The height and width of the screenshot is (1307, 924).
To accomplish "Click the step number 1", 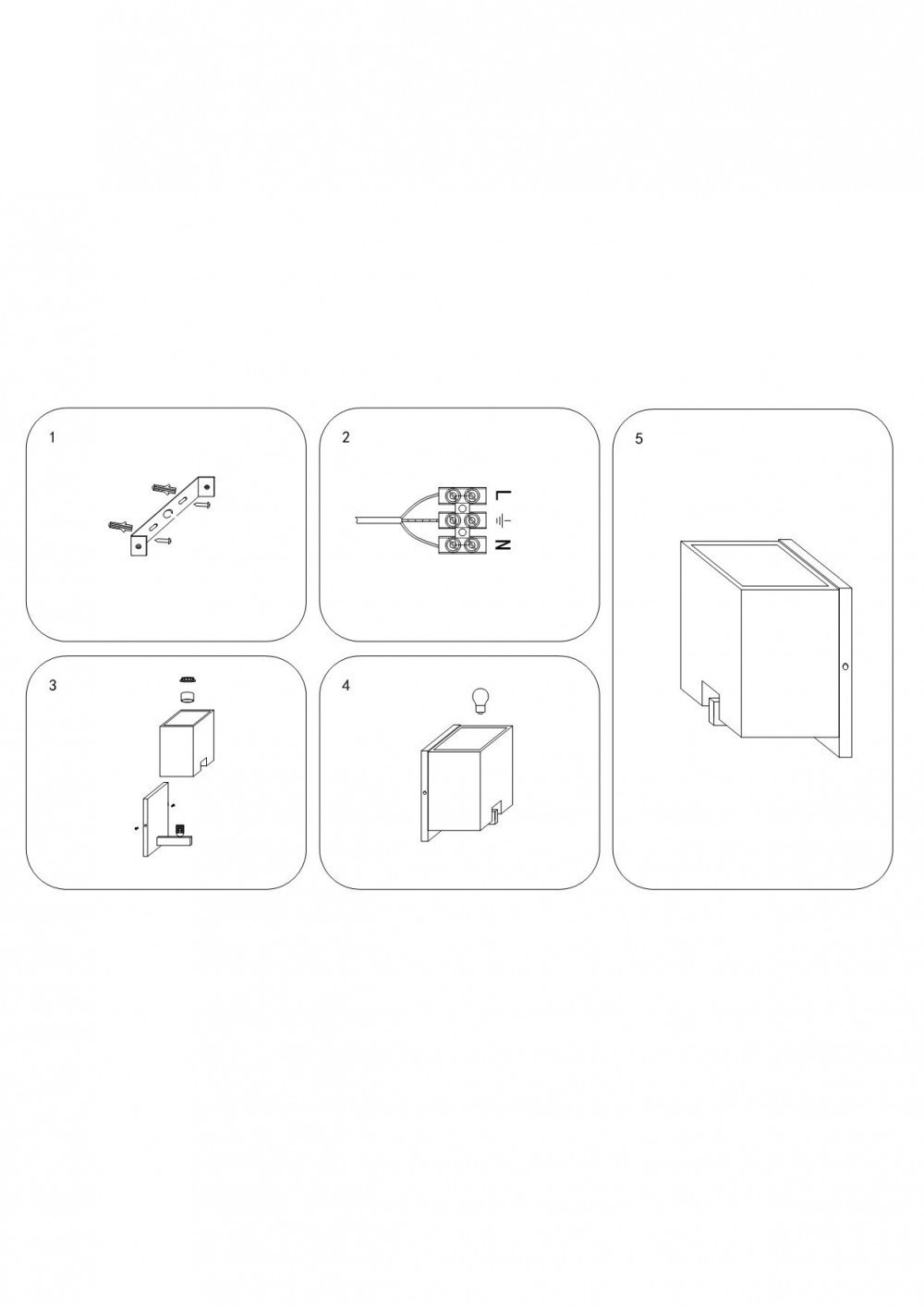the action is pos(53,437).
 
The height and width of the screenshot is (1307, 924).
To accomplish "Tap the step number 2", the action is pos(346,437).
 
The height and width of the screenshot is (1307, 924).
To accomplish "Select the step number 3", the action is pos(53,686).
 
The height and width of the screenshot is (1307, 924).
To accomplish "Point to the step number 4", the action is pos(346,686).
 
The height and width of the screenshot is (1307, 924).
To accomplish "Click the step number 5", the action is pos(639,439).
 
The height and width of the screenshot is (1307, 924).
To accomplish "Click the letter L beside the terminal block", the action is pos(503,495).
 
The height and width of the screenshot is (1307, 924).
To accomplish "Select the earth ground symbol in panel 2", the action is pos(503,519).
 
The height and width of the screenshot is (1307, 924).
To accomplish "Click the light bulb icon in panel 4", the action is pos(480,701).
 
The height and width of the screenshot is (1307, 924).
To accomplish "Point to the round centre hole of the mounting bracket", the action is pos(169,514).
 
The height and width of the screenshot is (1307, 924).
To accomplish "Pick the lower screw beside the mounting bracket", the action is pos(164,541).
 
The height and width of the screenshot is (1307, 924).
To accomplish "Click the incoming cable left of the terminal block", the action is pos(377,519).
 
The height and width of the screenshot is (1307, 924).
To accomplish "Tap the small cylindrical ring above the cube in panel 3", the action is pos(188,696).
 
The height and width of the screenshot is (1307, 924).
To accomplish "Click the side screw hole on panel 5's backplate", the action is pos(845,666).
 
